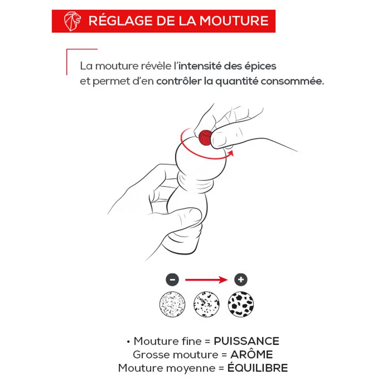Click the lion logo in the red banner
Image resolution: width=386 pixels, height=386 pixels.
coord(72,21)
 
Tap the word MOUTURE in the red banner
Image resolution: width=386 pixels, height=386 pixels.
coord(234,21)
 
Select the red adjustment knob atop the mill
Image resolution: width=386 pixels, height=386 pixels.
coord(205,138)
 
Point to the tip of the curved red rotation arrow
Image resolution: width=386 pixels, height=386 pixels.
coord(233,152)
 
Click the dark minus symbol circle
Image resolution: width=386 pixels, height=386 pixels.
coord(172,280)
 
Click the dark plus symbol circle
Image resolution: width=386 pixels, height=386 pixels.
coord(241,280)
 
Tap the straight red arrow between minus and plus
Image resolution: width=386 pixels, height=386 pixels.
coord(207,280)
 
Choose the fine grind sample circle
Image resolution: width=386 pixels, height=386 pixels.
coord(172,304)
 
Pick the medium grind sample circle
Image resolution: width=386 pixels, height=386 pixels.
coord(207,304)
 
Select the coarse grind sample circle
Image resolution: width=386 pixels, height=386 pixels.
coord(241,304)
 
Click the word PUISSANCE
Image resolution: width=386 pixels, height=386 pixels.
coord(247,341)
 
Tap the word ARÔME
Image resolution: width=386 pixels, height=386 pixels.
coord(251,354)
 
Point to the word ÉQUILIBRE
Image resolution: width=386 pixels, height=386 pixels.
coord(258,367)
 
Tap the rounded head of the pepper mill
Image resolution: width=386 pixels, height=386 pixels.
coord(201,158)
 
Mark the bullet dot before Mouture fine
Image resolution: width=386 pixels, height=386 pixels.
coord(128,342)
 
